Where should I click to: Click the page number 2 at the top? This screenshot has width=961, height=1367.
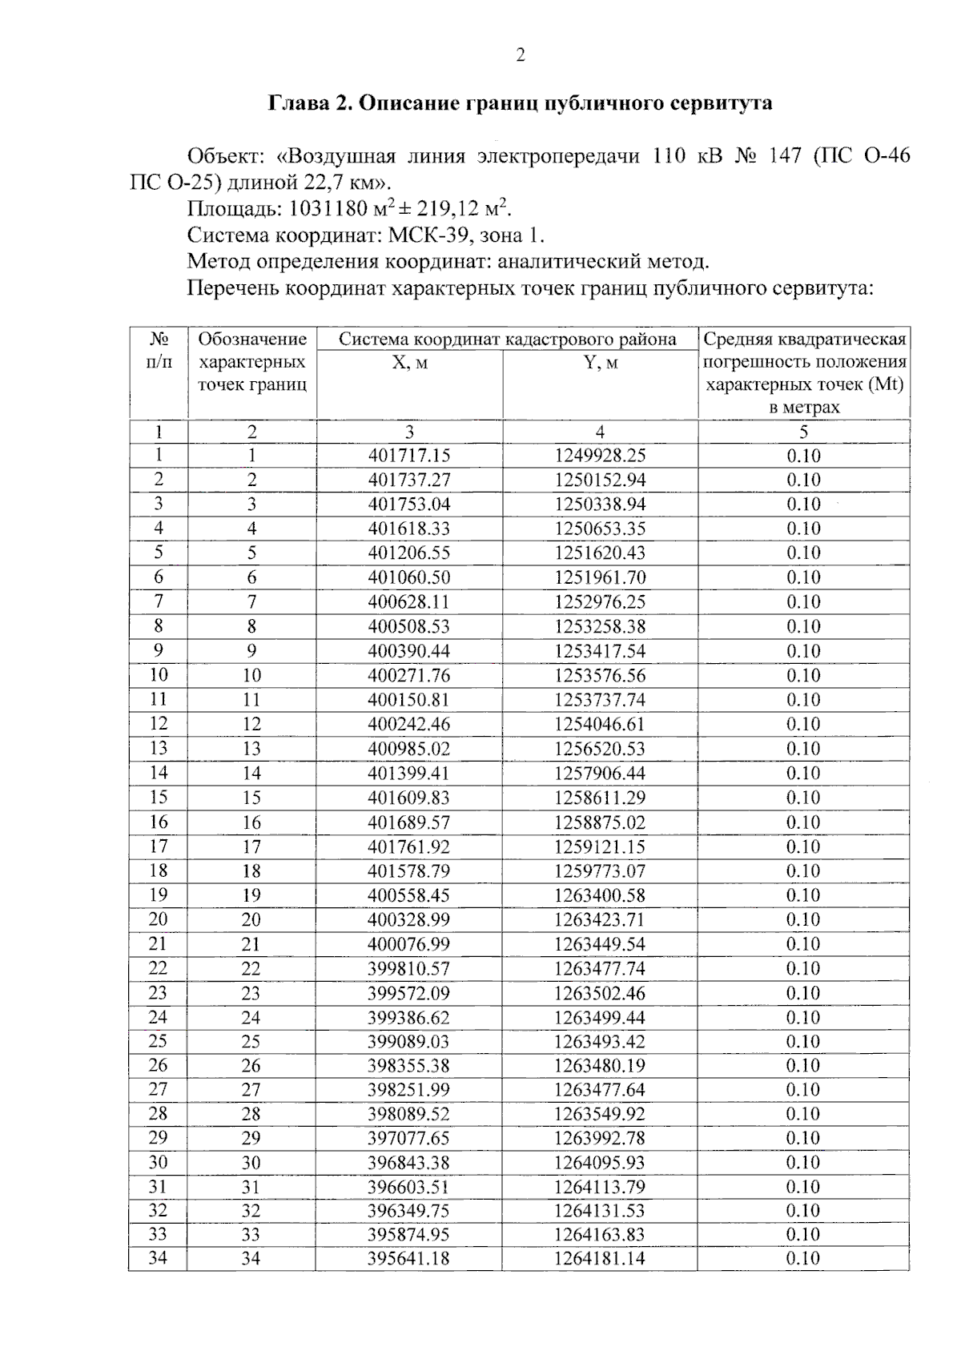click(x=521, y=55)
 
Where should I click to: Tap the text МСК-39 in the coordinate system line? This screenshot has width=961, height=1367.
click(x=422, y=236)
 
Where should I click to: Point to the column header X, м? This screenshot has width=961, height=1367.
click(x=409, y=363)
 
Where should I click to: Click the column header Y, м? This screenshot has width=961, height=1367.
click(x=601, y=363)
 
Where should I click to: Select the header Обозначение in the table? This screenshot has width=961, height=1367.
click(x=252, y=339)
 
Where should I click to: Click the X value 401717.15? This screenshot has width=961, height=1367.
click(x=409, y=456)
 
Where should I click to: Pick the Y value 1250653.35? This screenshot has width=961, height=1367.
click(x=600, y=529)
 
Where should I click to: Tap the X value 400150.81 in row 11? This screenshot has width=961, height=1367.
click(x=409, y=700)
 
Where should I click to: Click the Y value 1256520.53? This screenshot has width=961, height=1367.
click(x=600, y=749)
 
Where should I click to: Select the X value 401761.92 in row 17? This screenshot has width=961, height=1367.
click(x=409, y=846)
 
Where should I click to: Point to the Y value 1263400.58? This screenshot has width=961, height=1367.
click(x=600, y=895)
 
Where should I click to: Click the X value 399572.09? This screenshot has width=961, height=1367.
click(x=409, y=993)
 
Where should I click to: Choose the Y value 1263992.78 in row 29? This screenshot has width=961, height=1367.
click(x=600, y=1138)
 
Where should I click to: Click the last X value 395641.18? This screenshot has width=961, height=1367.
click(x=409, y=1258)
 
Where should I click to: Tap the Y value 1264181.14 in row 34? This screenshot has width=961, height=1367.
click(x=600, y=1258)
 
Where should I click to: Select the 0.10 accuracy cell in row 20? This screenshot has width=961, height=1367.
click(x=803, y=919)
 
